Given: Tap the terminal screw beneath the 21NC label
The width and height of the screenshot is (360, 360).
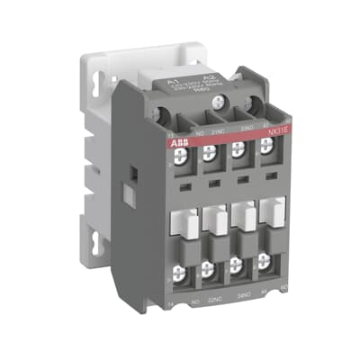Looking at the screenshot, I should [x=208, y=154].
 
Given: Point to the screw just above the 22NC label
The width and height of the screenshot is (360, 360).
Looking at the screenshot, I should [x=209, y=271].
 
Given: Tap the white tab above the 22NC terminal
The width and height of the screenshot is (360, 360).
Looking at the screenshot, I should [x=213, y=221].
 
